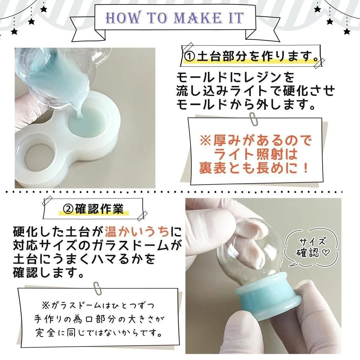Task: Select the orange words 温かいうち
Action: (x=137, y=232)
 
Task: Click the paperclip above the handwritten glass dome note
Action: (x=97, y=293)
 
